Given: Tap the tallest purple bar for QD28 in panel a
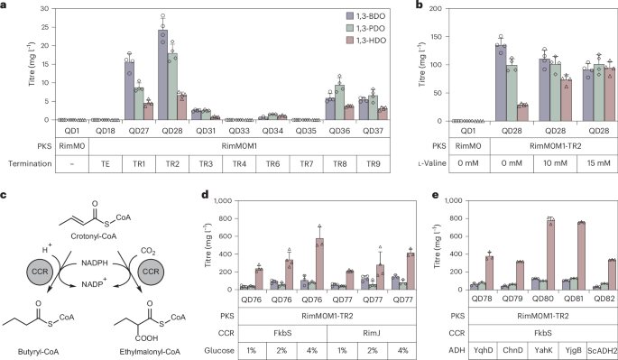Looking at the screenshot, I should click(163, 82).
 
